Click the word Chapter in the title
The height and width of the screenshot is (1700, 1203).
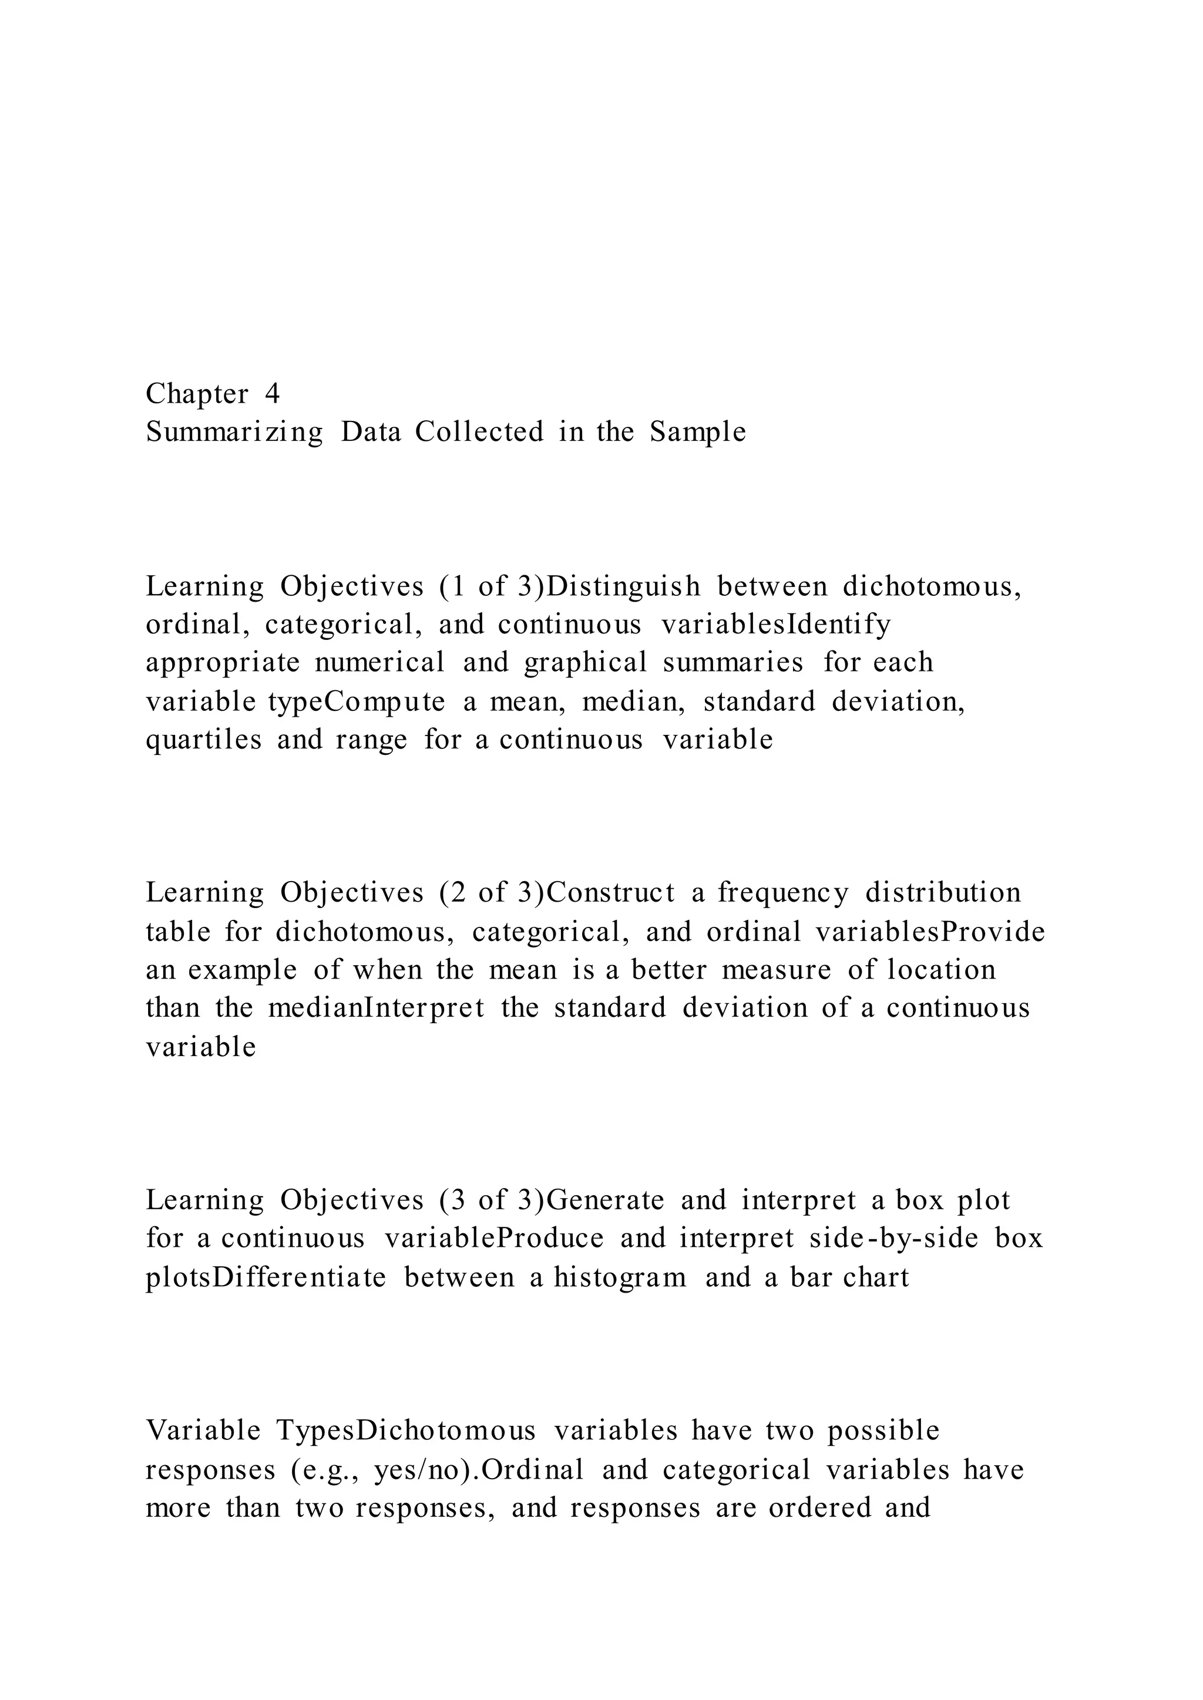tap(197, 394)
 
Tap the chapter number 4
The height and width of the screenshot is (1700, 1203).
tap(272, 394)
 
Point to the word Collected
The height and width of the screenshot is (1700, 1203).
tap(479, 431)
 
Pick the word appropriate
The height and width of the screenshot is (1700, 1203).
tap(222, 663)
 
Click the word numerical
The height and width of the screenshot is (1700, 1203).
tap(379, 663)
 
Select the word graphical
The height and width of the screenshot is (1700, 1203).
tap(585, 663)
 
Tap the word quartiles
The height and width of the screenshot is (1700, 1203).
tap(204, 740)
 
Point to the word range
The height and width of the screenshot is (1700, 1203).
tap(371, 740)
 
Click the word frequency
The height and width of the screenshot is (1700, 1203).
tap(782, 893)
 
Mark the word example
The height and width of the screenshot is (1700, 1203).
tap(242, 970)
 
